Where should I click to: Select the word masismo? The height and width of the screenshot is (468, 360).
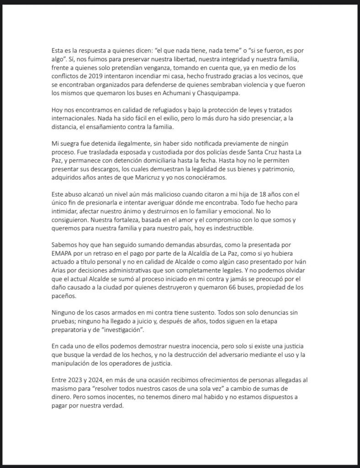point(65,388)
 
